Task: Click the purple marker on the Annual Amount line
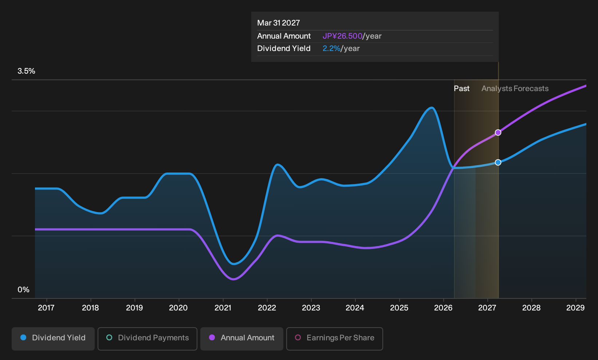coord(498,133)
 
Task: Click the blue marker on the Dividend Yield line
coord(498,163)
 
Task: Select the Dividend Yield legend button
coord(53,339)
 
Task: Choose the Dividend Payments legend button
coord(147,339)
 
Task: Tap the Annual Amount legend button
coord(241,339)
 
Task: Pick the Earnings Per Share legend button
coord(334,339)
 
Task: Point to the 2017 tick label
coord(46,308)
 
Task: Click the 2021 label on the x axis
coord(223,308)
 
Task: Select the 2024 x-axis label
coord(355,308)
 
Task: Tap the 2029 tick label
coord(575,308)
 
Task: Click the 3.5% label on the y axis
coord(26,71)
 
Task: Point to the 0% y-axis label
coord(24,290)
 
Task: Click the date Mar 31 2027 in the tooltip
coord(279,23)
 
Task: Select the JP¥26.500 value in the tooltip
coord(342,36)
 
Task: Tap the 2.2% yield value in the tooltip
coord(331,48)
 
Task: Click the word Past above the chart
coord(461,89)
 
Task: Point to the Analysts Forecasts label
coord(515,89)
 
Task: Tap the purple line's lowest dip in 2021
coord(233,279)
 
